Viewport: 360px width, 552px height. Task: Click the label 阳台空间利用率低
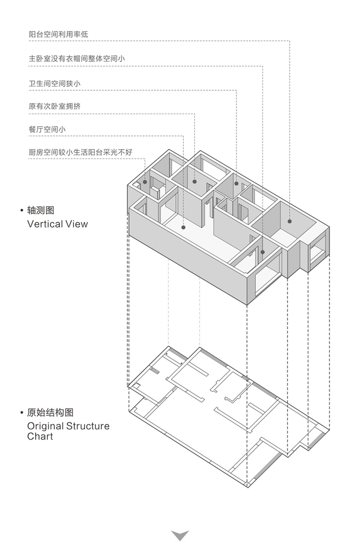coord(58,34)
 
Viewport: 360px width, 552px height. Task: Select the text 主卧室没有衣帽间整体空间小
coord(77,58)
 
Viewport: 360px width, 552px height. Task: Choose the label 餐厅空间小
coord(47,129)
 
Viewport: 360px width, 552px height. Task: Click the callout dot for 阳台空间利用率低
coord(289,222)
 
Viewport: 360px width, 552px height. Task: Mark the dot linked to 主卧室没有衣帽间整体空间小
coord(263,252)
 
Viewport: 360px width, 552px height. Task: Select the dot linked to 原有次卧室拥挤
coord(194,181)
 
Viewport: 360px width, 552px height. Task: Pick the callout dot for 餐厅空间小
coord(182,226)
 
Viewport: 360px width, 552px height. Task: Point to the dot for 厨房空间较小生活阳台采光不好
coord(145,181)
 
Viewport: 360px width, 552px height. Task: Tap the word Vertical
coord(45,224)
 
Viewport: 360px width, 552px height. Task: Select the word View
coord(77,224)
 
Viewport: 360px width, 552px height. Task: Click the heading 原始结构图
coord(50,413)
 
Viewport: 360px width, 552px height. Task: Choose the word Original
coord(45,426)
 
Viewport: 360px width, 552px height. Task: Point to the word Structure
coord(88,426)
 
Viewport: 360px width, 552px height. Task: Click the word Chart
coord(40,437)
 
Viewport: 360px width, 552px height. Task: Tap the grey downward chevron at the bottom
coord(180,535)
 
